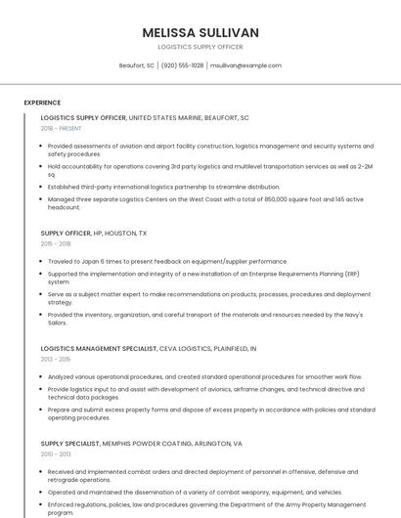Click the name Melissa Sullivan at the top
coord(200,32)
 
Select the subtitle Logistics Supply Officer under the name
coord(200,47)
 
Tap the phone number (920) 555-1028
coord(182,65)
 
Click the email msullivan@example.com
coord(245,65)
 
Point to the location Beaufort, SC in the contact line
coord(137,65)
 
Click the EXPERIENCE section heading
coord(42,103)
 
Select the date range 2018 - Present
coord(62,128)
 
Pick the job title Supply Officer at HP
coord(66,234)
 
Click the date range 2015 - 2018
coord(56,244)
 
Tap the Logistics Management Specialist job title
coord(98,348)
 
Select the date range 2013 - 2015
coord(56,359)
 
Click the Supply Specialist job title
coord(70,443)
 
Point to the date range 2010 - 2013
coord(56,453)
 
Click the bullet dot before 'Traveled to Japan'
coord(42,262)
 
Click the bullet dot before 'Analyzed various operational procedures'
coord(42,376)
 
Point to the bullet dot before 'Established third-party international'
coord(42,187)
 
